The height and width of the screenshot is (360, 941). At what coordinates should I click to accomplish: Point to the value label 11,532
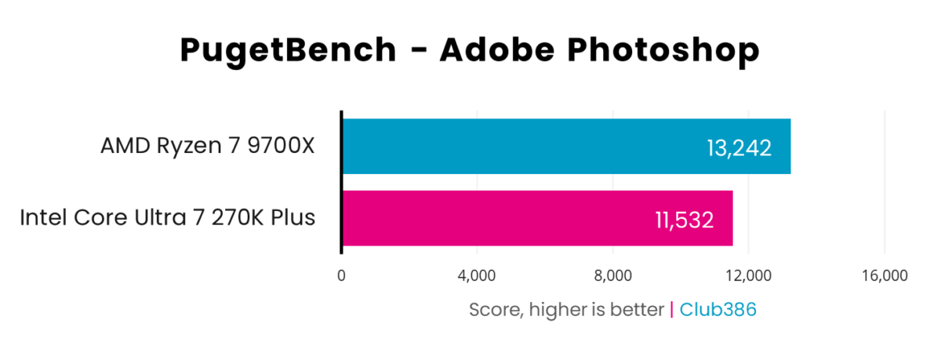[684, 219]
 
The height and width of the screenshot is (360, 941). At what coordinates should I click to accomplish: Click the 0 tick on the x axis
[341, 275]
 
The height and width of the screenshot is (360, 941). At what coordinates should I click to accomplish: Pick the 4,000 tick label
[477, 275]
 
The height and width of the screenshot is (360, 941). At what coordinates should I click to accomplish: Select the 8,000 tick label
[613, 275]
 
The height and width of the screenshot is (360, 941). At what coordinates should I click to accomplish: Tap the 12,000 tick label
[749, 275]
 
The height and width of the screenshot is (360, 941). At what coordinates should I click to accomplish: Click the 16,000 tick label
[885, 275]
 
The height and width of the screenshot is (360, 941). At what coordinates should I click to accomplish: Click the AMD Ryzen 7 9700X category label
[207, 147]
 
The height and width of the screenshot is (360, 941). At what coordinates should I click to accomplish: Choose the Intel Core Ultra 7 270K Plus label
[168, 217]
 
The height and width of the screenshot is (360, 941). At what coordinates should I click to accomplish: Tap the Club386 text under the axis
[718, 310]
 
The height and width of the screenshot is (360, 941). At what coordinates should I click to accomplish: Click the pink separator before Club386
[671, 310]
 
